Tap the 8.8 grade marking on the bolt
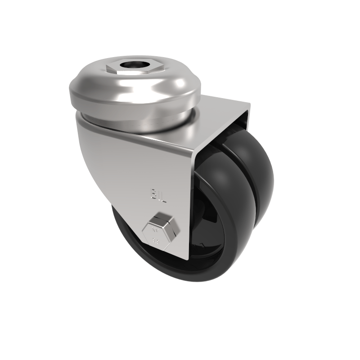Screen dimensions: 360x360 coord(157,241)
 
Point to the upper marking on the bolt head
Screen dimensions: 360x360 coord(155,228)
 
